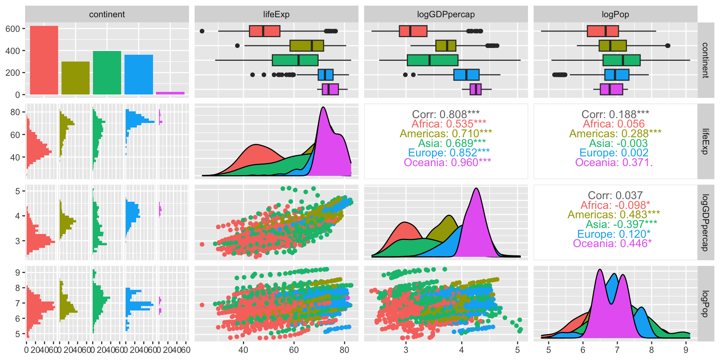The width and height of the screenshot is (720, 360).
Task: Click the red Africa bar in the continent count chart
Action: click(44, 60)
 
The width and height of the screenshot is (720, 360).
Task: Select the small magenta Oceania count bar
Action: click(170, 93)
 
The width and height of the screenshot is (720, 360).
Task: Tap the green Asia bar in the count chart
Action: click(107, 73)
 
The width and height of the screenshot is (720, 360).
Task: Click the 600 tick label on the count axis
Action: click(13, 29)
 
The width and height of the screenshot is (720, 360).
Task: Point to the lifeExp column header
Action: click(276, 14)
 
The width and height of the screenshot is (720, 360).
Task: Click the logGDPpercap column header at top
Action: click(445, 14)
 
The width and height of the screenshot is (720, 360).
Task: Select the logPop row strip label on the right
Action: click(705, 304)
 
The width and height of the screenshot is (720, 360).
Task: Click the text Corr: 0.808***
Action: click(445, 114)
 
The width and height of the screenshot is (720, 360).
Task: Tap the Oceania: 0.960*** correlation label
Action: click(447, 162)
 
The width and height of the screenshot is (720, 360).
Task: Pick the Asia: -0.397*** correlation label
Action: click(621, 224)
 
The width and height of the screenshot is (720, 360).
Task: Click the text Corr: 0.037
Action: click(615, 195)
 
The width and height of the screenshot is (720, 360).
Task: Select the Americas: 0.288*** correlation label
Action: click(615, 133)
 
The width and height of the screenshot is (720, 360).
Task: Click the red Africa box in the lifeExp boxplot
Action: click(264, 31)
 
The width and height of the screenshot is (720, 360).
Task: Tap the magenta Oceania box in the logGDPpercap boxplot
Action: click(475, 89)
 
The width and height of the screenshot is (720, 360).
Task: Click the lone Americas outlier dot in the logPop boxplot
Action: click(667, 46)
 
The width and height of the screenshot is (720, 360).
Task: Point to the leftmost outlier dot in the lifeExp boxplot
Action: click(202, 31)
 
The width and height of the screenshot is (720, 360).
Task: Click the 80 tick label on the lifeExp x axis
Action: click(344, 350)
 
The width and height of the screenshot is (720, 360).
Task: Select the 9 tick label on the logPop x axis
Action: click(686, 350)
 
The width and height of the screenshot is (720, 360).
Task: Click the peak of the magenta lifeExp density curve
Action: click(323, 108)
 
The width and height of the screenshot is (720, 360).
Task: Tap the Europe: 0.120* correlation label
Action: click(613, 234)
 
